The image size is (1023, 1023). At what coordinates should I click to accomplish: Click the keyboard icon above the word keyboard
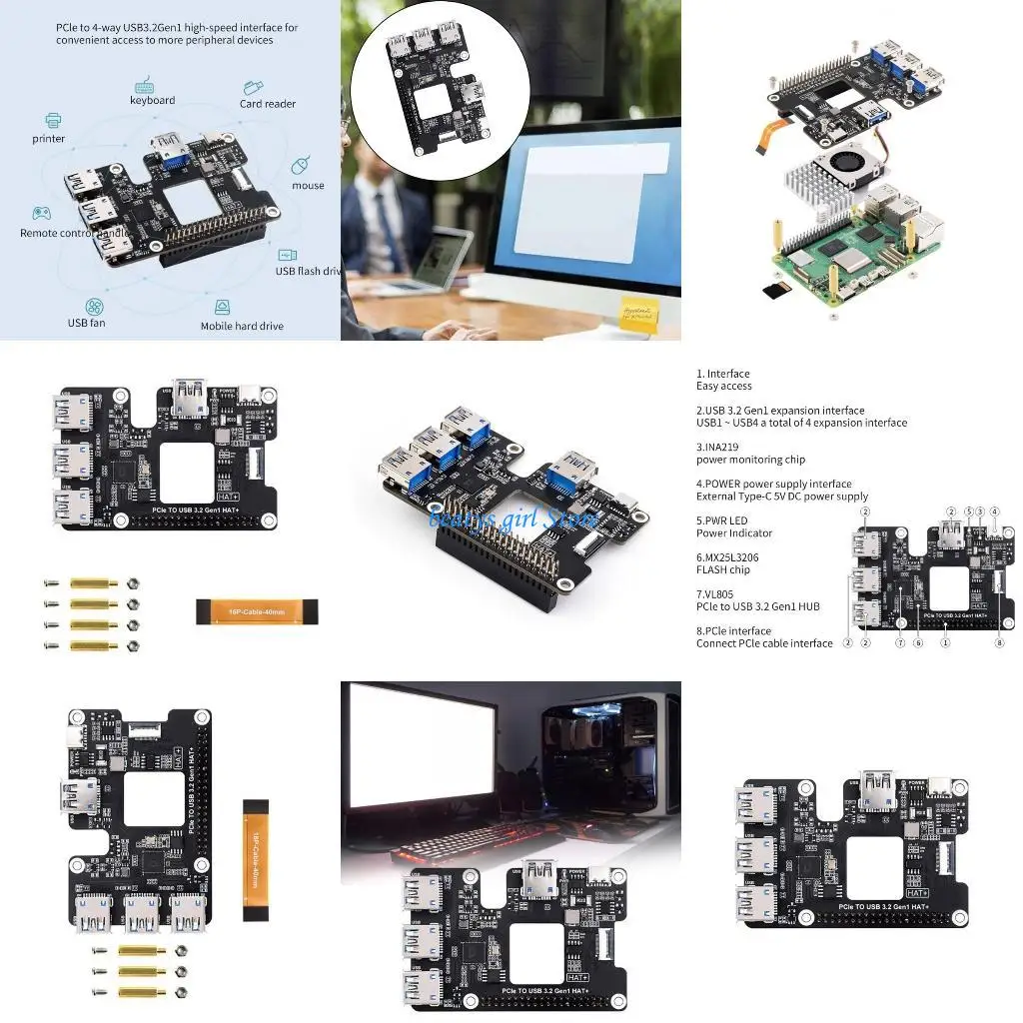coord(144,84)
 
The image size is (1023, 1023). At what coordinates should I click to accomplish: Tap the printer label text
coord(48,139)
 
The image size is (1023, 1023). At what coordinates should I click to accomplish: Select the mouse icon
coord(301,166)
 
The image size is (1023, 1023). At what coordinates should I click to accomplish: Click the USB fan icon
coord(94,305)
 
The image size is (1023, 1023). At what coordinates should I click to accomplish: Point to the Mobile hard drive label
coord(242,326)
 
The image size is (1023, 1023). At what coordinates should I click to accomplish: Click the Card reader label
coord(267,104)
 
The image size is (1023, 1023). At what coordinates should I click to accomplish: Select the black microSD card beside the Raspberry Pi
coord(771,291)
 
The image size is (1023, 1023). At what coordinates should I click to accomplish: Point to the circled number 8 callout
coord(999,643)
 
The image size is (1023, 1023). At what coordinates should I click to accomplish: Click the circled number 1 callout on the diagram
coord(945,643)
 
